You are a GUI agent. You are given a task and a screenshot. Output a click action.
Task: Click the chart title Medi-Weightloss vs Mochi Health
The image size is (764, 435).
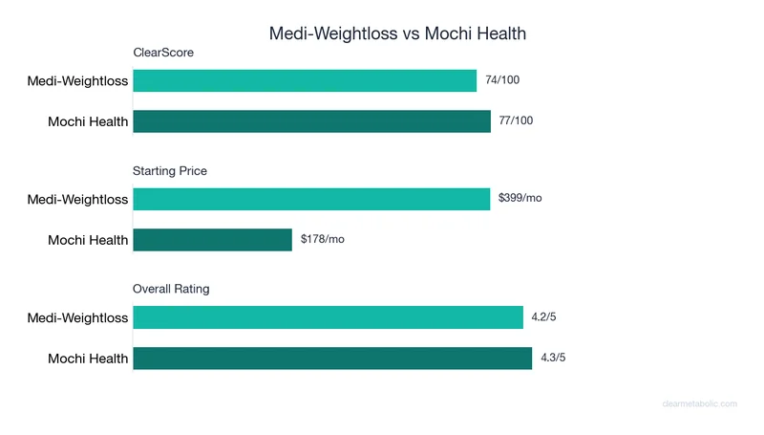pyautogui.click(x=397, y=33)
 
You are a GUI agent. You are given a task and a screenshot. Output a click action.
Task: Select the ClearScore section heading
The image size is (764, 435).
pyautogui.click(x=163, y=53)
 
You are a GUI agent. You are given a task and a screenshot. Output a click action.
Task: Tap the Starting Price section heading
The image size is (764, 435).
pyautogui.click(x=170, y=171)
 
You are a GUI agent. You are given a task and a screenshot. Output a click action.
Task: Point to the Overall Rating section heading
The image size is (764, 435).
pyautogui.click(x=171, y=289)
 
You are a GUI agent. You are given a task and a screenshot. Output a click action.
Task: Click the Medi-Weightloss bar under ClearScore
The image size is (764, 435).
pyautogui.click(x=305, y=81)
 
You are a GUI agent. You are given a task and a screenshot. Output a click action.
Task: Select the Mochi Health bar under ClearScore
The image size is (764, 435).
pyautogui.click(x=311, y=121)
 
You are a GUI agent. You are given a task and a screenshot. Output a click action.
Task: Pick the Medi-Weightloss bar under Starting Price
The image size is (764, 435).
pyautogui.click(x=311, y=199)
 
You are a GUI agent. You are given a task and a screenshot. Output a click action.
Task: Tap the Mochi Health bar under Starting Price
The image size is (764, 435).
pyautogui.click(x=212, y=239)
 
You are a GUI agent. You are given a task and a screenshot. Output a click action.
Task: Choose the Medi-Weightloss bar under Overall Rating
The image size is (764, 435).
pyautogui.click(x=328, y=317)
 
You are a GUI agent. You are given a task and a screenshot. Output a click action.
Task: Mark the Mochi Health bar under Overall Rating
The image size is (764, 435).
pyautogui.click(x=332, y=358)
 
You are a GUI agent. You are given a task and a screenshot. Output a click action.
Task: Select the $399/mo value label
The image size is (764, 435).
pyautogui.click(x=520, y=199)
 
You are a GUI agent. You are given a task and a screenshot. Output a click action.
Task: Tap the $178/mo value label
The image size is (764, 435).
pyautogui.click(x=323, y=239)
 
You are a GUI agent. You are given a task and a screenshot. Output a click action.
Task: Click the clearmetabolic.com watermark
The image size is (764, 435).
pyautogui.click(x=699, y=404)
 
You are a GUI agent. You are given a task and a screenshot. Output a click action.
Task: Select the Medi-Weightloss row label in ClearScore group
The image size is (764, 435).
pyautogui.click(x=77, y=81)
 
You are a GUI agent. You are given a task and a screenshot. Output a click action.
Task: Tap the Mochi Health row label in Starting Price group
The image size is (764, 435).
pyautogui.click(x=88, y=240)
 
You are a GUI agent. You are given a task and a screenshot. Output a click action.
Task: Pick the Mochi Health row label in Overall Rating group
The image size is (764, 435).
pyautogui.click(x=88, y=359)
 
